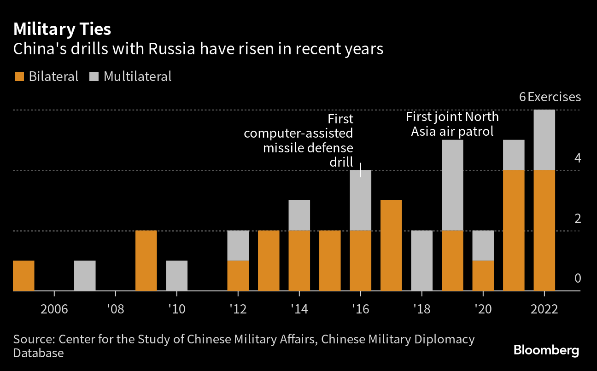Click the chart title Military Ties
tap(62, 29)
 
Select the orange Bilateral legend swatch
tap(19, 76)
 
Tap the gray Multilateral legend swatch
tap(94, 76)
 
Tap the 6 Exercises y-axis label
tap(550, 97)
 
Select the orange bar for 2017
tap(391, 245)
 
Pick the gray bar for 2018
tap(421, 261)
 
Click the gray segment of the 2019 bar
tap(452, 185)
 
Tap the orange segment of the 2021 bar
tap(514, 230)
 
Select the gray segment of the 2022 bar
tap(544, 140)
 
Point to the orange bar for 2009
tap(146, 261)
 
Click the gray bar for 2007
tap(85, 276)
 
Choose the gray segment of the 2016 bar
tap(360, 200)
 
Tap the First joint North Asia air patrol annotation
tap(452, 124)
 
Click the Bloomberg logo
tap(546, 350)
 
